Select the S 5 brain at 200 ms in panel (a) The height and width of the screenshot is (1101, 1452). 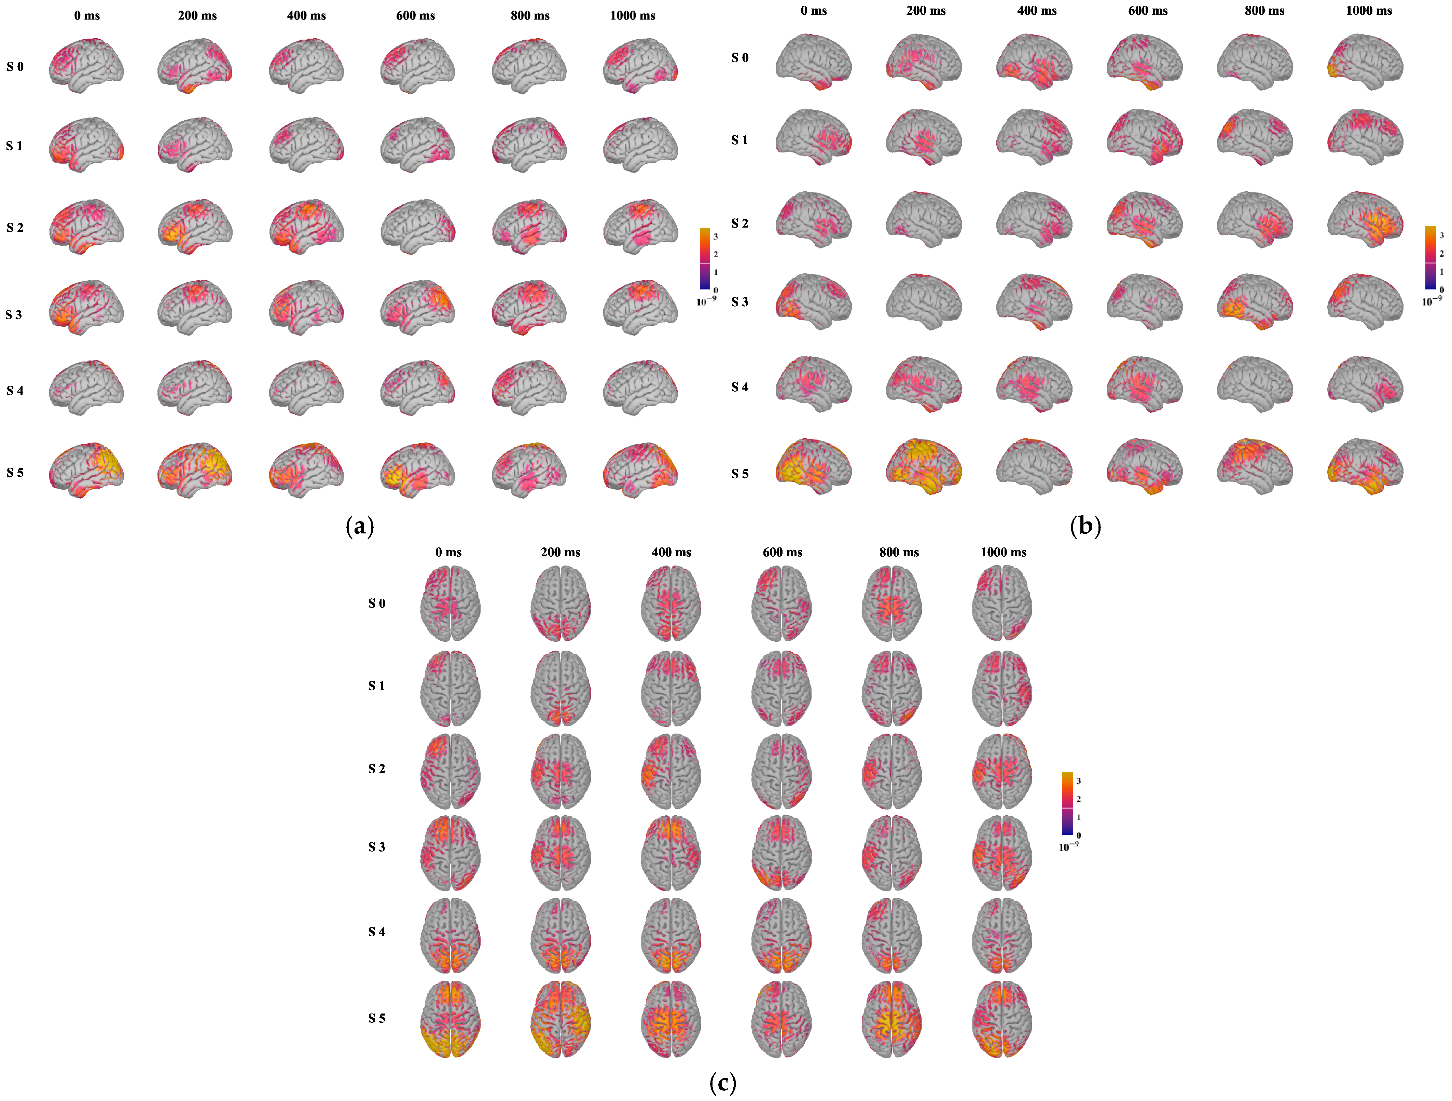195,470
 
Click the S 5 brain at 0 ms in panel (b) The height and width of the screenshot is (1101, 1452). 813,466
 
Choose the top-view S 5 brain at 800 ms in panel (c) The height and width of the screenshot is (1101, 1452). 891,1019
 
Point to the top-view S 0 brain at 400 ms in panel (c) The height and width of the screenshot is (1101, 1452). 671,603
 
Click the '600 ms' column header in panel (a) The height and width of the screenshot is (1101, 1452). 415,16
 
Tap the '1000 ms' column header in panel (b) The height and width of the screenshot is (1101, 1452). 1369,11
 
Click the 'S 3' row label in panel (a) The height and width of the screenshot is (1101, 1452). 14,314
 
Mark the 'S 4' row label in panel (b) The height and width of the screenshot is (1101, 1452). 740,387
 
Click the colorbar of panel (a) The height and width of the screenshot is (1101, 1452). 705,259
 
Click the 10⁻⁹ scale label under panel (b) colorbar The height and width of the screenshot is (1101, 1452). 1432,301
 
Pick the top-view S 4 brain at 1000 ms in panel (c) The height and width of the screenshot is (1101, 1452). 1002,936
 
